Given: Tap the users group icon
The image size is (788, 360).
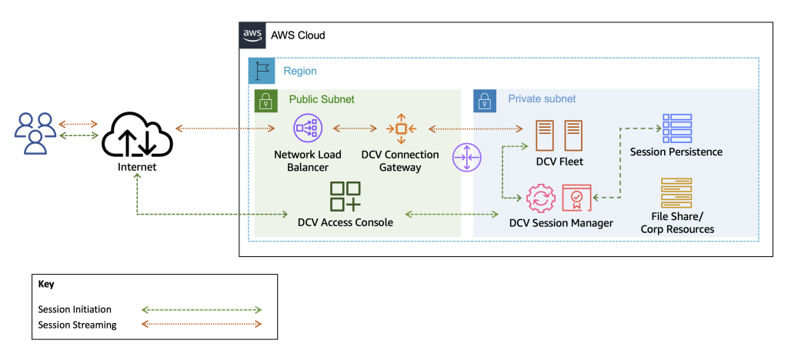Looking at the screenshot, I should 35,131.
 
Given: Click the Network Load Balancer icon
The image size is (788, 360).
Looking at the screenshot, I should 307,128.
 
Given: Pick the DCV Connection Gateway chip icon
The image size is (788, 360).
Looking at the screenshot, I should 400,128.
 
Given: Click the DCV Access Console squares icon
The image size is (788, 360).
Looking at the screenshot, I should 346,196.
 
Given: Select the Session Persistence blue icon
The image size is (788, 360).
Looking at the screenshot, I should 676,128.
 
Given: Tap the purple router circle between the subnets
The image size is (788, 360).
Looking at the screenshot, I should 467,158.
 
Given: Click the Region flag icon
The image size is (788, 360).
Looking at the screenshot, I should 262,71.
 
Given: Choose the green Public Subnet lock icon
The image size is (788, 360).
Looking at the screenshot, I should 266,100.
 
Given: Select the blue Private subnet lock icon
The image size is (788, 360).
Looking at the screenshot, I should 485,100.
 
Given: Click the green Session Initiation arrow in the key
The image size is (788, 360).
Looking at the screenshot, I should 202,310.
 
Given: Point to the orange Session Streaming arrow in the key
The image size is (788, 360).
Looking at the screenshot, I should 202,325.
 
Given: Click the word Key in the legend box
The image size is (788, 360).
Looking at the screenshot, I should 46,284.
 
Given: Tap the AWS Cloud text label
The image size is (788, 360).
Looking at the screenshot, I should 298,35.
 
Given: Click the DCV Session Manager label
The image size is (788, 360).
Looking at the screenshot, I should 561,223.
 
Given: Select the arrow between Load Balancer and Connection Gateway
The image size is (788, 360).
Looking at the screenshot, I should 353,128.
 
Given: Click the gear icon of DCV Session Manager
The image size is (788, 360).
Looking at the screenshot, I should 539,198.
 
